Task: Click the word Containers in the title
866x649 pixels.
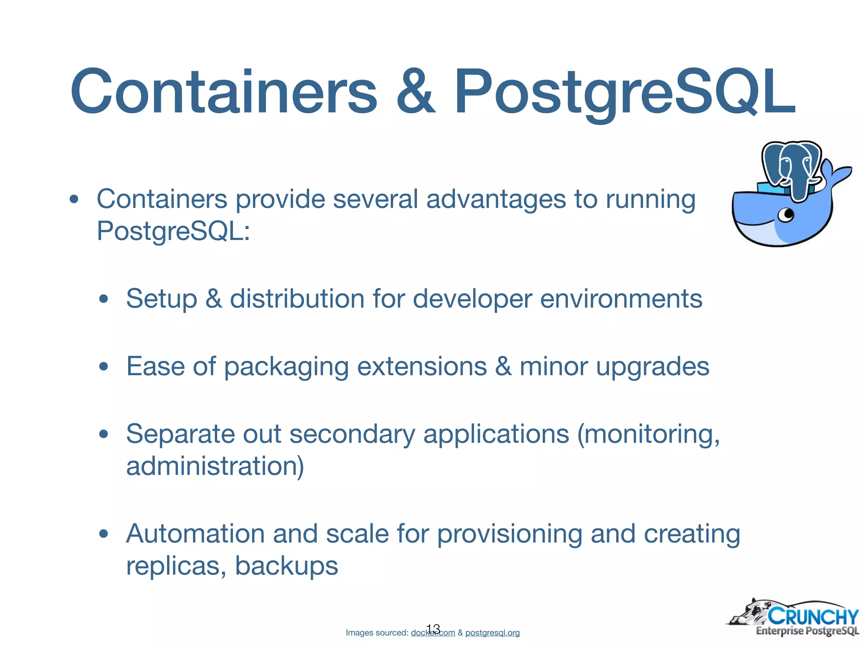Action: coord(223,92)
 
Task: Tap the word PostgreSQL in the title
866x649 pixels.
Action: coord(624,92)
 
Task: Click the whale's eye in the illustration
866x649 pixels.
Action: coord(787,215)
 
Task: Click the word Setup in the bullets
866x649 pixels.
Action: coord(162,299)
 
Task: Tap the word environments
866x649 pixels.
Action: coord(621,299)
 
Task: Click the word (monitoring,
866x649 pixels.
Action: coord(648,434)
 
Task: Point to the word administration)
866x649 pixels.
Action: coord(215,466)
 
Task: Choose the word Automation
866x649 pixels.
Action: coord(195,534)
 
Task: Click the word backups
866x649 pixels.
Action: coord(286,566)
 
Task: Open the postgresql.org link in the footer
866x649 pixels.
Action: coord(492,633)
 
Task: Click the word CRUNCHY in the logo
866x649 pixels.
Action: coord(813,616)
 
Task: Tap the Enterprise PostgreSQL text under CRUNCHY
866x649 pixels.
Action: coord(807,631)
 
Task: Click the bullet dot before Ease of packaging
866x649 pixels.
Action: coord(104,366)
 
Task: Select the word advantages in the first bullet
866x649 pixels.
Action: coord(496,199)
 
